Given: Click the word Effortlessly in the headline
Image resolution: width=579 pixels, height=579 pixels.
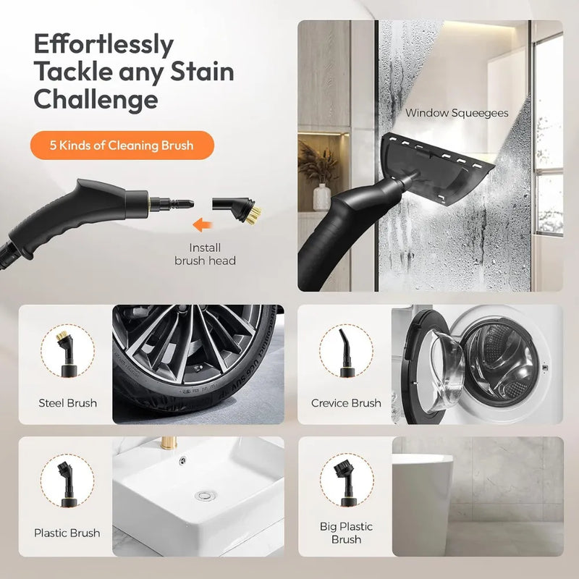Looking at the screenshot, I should pos(103,45).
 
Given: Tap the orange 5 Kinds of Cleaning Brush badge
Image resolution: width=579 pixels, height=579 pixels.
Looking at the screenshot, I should pos(122,145).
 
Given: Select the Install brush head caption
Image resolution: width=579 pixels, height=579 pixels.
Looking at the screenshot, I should pos(205,253).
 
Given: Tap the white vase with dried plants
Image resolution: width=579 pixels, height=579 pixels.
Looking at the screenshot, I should pos(321,197).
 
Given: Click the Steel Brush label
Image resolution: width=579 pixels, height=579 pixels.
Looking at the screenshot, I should pos(67,403).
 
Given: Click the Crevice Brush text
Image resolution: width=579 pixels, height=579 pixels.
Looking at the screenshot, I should pos(346,403).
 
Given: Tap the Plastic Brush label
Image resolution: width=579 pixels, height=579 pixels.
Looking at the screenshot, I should pos(67,533).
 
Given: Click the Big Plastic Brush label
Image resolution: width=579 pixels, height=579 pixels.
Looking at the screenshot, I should pos(346,533).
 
